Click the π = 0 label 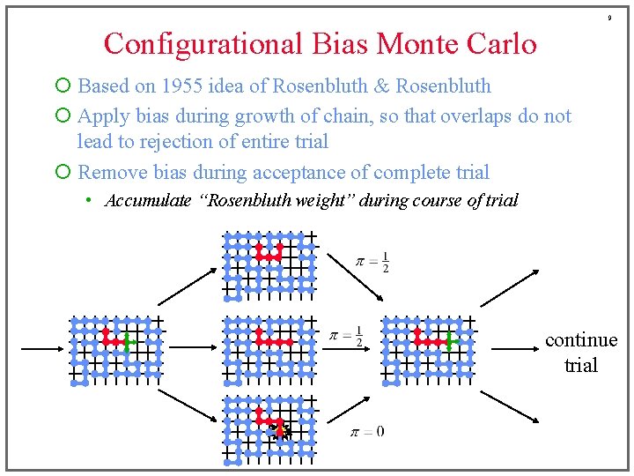(367, 432)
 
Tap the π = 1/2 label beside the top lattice (372, 262)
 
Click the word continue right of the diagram (581, 340)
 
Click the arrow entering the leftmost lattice (41, 349)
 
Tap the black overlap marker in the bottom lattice (281, 430)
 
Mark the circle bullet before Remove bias (62, 172)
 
